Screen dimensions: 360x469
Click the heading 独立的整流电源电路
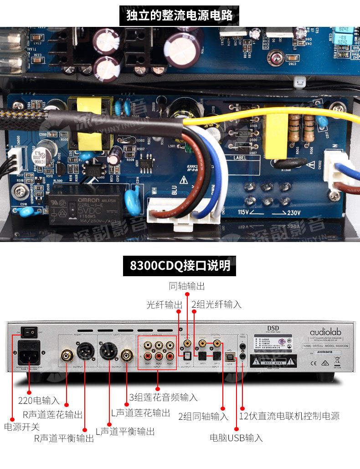click(x=180, y=15)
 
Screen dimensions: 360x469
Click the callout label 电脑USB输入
click(x=236, y=438)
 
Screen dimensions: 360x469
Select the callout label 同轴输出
click(x=187, y=286)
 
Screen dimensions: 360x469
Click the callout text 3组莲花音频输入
click(x=163, y=397)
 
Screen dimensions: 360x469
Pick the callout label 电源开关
click(x=22, y=427)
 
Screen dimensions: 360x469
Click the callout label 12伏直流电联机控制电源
click(x=289, y=416)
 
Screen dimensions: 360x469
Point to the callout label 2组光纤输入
click(x=216, y=304)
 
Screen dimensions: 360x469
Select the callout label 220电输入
click(x=39, y=401)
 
